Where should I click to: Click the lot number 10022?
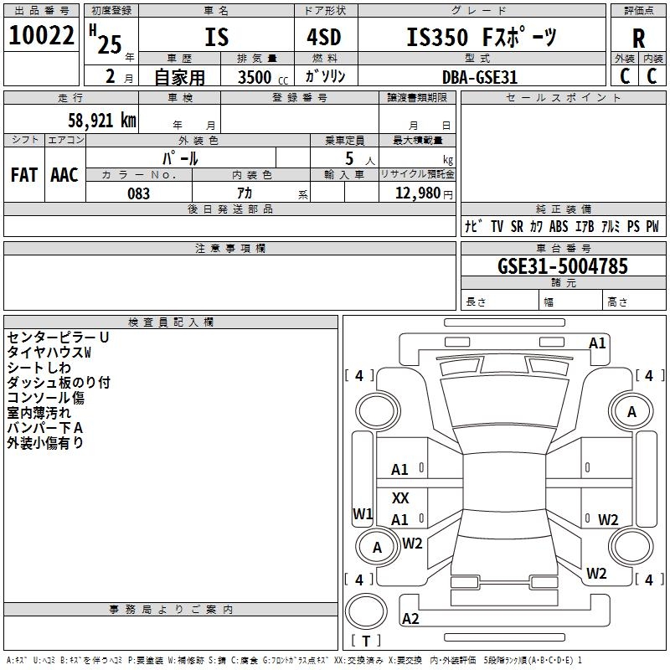coord(42,36)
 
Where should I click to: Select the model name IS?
coord(216,38)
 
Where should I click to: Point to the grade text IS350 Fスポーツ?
coord(480,38)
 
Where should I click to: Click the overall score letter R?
coord(639,38)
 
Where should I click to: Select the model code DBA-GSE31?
coord(480,77)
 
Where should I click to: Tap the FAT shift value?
coord(23,175)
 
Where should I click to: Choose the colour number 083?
coord(138,193)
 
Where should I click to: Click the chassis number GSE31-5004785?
coord(562,266)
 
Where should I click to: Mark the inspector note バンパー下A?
coord(45,428)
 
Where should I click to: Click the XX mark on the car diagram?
coord(400,498)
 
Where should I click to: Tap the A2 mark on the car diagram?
coord(410,619)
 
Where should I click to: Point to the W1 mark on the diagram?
coord(363,514)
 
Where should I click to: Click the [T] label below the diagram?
coord(366,642)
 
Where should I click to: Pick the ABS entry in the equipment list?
coord(559,226)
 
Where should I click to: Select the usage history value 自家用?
coord(179,77)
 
